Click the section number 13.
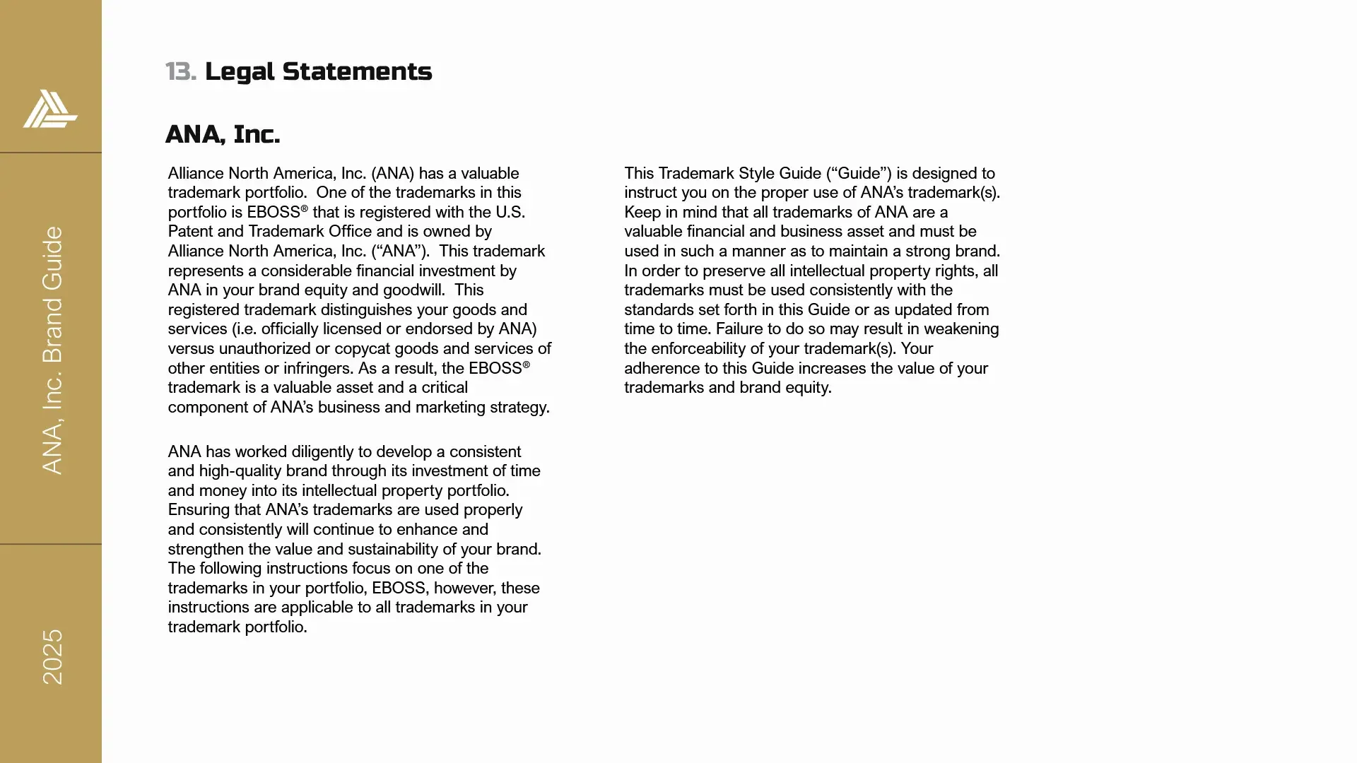pos(180,71)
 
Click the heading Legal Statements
pos(318,71)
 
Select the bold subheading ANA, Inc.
pos(223,134)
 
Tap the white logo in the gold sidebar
pos(50,109)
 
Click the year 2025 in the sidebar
pos(53,657)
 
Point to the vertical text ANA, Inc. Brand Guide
pos(53,350)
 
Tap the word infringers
pos(318,369)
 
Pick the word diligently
pos(322,452)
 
